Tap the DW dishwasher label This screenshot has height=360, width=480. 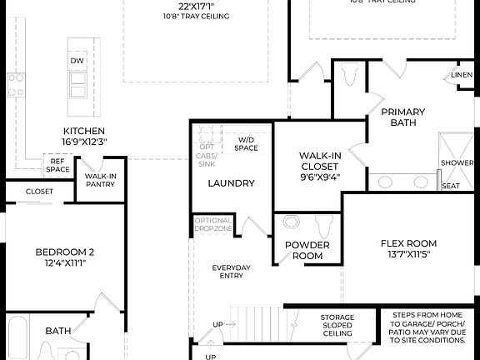[x=77, y=61]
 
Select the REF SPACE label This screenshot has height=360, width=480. [x=57, y=165]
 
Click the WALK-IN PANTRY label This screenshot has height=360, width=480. [x=100, y=181]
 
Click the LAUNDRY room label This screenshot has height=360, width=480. [x=231, y=183]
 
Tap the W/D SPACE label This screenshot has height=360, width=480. [x=247, y=144]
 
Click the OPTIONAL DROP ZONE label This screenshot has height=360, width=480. [x=213, y=224]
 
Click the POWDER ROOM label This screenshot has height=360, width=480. [x=307, y=250]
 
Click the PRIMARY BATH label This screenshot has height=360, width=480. [x=402, y=117]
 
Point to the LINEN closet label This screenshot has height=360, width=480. [x=462, y=75]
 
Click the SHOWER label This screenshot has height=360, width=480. [x=457, y=162]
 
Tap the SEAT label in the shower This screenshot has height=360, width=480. [x=450, y=185]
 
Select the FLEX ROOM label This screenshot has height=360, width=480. [x=408, y=248]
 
